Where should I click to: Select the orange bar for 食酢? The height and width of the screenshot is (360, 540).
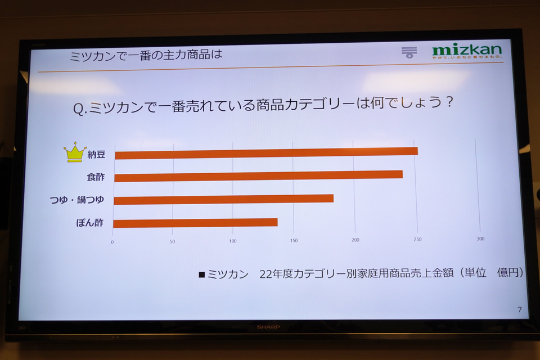(x=258, y=175)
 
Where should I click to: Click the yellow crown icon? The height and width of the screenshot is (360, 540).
(x=74, y=152)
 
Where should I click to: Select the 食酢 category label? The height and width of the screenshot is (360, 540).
(x=95, y=177)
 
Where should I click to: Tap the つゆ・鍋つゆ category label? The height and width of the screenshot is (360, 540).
(x=77, y=199)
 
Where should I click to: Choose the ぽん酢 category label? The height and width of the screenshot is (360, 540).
(x=90, y=223)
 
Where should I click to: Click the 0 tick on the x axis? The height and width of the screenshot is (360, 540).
(x=112, y=242)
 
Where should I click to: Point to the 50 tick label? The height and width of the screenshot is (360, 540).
(x=172, y=242)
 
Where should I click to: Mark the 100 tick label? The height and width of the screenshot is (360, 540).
(x=232, y=241)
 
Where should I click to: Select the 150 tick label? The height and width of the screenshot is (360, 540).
(x=294, y=241)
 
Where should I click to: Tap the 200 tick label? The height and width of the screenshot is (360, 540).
(x=355, y=240)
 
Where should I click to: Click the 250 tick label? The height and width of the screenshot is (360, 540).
(x=417, y=240)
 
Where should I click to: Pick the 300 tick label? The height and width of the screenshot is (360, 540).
(x=480, y=239)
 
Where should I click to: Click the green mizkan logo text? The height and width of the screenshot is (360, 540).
(x=466, y=50)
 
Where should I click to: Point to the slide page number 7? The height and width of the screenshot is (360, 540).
(x=519, y=309)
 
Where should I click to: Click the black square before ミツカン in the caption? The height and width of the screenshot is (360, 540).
(x=202, y=275)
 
